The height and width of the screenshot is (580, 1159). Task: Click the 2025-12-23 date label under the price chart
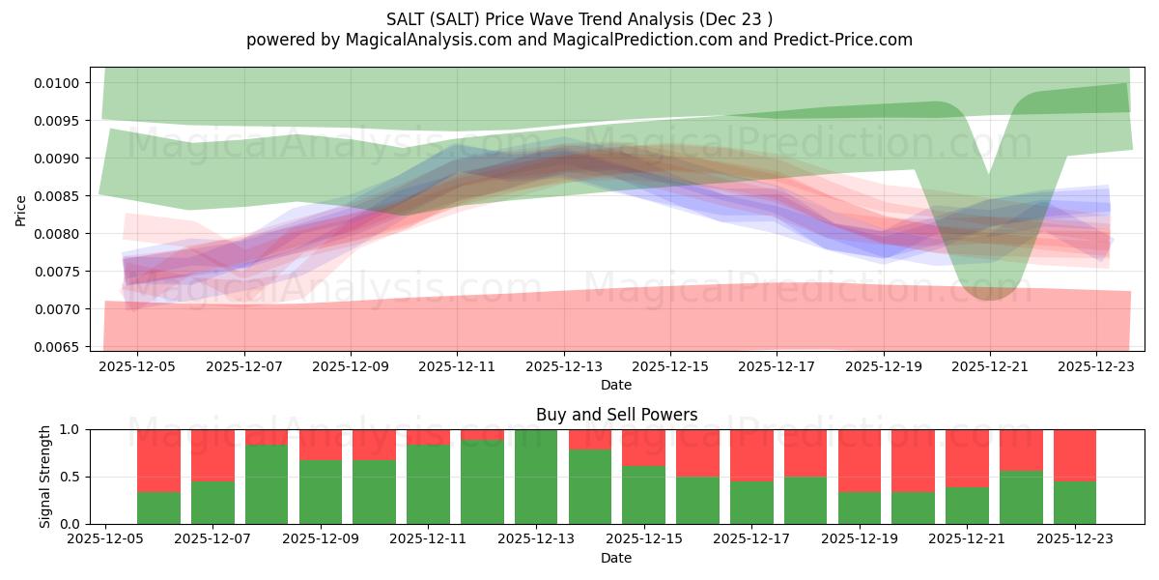pos(1096,367)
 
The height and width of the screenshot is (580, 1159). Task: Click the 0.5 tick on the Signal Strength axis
pos(74,478)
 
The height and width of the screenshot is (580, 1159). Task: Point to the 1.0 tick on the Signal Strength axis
pos(74,430)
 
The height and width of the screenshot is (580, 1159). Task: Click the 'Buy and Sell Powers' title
pos(616,415)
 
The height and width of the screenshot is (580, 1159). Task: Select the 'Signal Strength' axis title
pos(45,477)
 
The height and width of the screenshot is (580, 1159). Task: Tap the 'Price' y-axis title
pos(21,209)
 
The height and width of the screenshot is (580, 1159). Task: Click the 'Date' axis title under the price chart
pos(616,385)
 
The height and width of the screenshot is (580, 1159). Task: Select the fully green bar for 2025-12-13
pos(536,477)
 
